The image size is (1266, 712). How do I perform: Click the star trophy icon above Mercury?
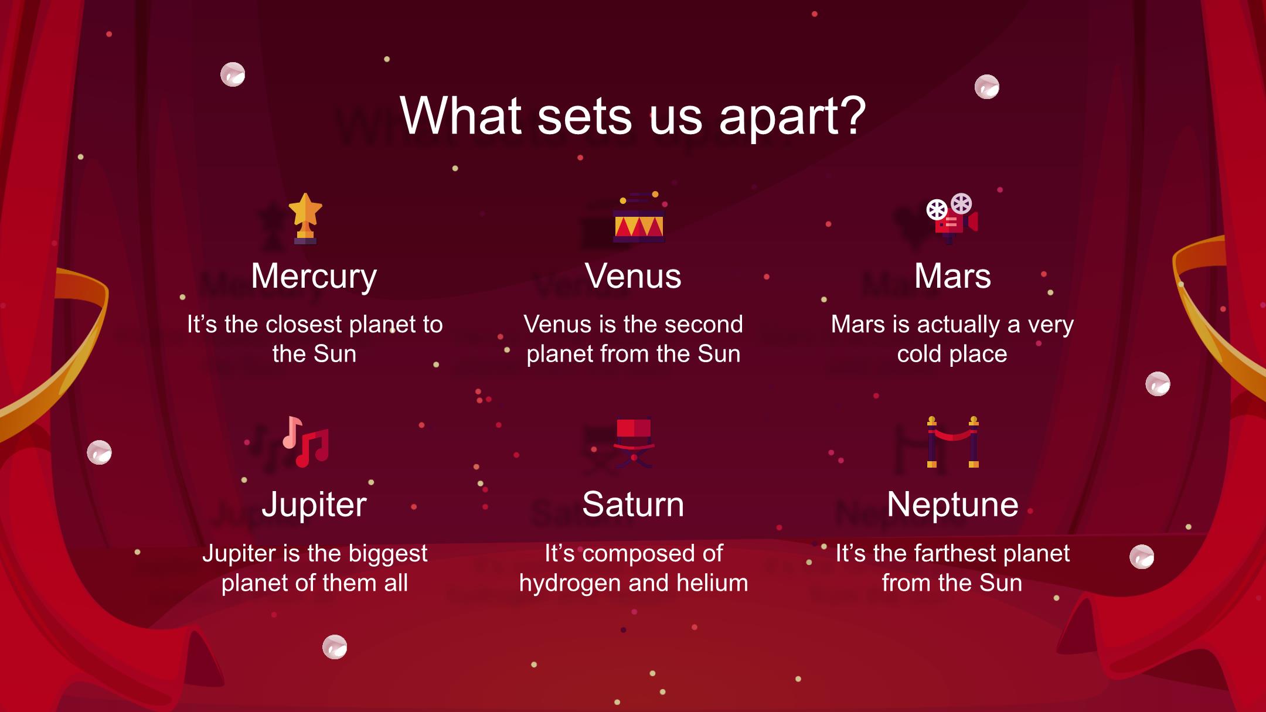pos(305,219)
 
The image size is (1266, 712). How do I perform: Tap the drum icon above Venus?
pos(639,217)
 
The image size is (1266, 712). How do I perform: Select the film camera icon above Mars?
pos(952,219)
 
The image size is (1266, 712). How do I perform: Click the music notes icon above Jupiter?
pos(305,442)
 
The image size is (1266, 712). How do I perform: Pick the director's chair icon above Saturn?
pos(634,442)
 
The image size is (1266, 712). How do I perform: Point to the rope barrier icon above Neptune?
pos(953,442)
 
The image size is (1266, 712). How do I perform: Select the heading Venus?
pos(633,276)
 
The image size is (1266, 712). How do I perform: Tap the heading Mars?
pos(952,276)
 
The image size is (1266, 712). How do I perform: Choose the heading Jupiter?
pos(314,506)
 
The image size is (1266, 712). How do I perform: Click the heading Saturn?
pos(633,505)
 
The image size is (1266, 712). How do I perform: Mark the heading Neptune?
pos(952,506)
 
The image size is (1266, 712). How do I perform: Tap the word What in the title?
pos(461,115)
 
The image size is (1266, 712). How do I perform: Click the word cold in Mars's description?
pos(919,354)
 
